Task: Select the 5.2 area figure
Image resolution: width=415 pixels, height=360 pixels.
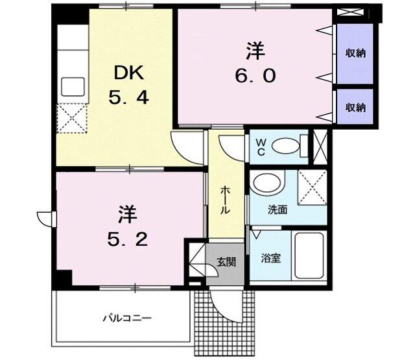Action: tap(127, 240)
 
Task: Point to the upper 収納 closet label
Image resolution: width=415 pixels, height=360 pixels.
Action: tap(355, 53)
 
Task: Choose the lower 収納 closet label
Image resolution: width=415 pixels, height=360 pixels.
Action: tap(355, 107)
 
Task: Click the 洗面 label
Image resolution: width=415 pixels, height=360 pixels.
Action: tap(278, 211)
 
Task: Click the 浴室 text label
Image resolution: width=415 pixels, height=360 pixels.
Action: tap(270, 258)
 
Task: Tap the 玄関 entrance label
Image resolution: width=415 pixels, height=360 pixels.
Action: tap(226, 262)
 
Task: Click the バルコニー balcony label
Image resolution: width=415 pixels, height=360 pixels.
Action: tap(126, 318)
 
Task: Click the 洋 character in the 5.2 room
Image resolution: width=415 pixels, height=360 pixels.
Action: tap(127, 213)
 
